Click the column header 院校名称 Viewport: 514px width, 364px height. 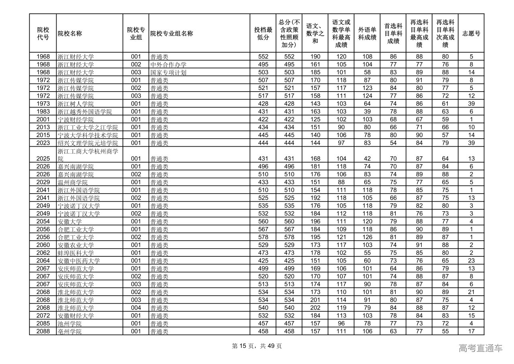70,33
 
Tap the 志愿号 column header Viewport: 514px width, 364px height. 471,33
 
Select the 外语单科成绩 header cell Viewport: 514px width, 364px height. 367,33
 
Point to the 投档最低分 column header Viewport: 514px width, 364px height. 263,33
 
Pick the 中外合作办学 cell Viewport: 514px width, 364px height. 168,65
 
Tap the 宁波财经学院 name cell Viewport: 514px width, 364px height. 75,119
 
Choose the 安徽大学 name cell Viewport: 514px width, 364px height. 70,221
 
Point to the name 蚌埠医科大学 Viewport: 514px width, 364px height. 75,253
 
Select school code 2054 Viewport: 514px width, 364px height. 43,221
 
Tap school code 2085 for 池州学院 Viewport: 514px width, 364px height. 43,323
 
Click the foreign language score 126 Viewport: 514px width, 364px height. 367,237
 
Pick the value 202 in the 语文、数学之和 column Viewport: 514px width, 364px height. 315,308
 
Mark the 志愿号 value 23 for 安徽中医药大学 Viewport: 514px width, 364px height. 471,261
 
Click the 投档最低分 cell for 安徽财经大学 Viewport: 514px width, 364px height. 263,316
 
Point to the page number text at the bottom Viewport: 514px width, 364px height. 257,346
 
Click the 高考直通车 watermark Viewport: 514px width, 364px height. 480,348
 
